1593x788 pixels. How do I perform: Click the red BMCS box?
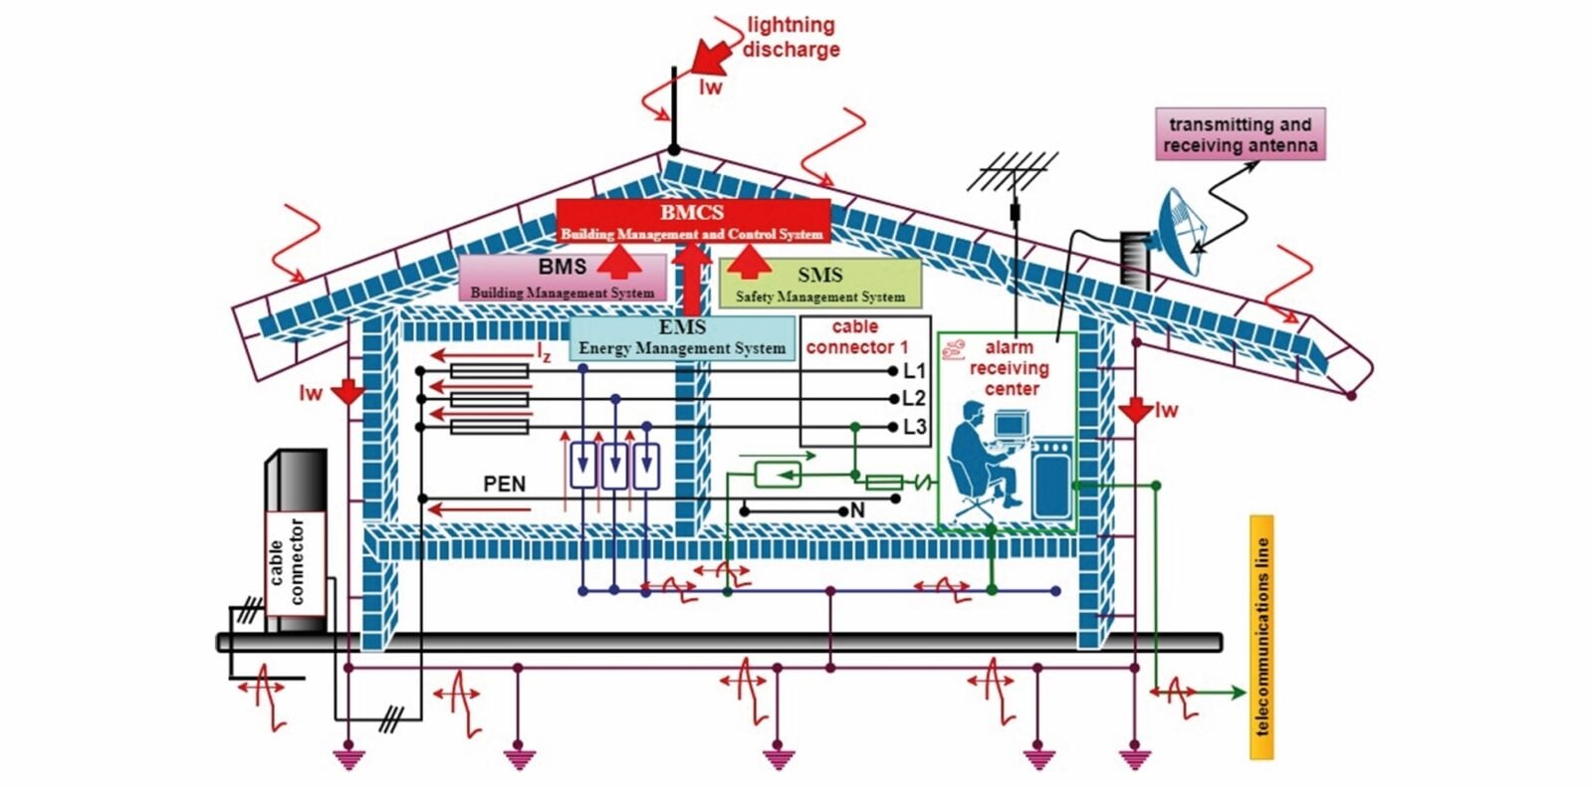coord(692,221)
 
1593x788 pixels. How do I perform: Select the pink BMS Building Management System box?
coord(563,278)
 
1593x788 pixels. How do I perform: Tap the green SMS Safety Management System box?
coord(819,284)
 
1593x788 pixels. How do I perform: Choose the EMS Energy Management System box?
coord(682,338)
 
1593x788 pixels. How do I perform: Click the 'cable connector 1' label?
coord(856,337)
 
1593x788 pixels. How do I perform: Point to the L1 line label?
coord(914,371)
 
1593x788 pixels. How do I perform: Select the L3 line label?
coord(914,427)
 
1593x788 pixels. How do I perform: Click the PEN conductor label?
coord(504,485)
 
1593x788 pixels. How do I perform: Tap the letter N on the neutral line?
coord(857,510)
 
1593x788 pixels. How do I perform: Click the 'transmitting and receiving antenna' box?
coord(1240,134)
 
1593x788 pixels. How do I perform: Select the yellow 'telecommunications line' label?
coord(1261,637)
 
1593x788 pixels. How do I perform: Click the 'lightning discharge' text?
coord(792,37)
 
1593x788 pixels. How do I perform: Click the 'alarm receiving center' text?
coord(1011,368)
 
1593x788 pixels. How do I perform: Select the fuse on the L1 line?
coord(489,371)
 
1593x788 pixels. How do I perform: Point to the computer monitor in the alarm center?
coord(1011,425)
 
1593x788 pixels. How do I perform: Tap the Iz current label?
coord(544,352)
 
